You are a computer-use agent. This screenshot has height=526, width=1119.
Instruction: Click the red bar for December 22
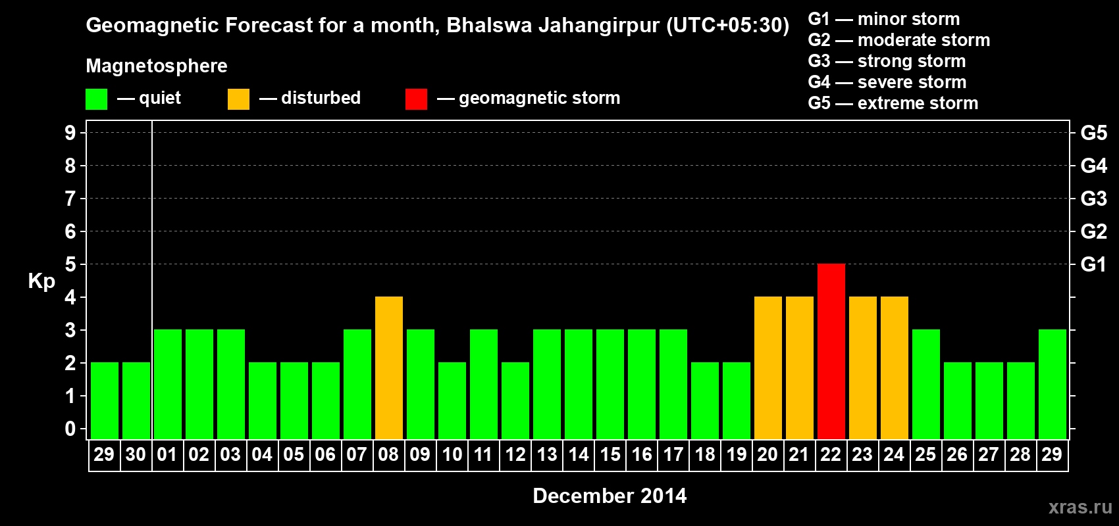[831, 351]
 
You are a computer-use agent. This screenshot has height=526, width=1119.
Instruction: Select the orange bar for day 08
[388, 368]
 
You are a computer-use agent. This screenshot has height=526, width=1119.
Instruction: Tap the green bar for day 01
[167, 384]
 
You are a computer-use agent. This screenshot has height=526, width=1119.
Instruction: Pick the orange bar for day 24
[894, 368]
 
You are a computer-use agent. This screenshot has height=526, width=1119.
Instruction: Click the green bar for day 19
[736, 400]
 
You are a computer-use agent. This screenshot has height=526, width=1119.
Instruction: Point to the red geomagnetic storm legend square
[416, 99]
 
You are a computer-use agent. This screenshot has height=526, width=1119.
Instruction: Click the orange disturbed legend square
[238, 99]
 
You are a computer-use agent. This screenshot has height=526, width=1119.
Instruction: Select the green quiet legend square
[96, 99]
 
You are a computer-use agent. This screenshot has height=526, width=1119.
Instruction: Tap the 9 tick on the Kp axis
[70, 133]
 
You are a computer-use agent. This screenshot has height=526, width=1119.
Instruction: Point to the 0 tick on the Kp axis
[70, 429]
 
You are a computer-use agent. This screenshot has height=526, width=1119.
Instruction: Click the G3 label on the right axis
[1093, 199]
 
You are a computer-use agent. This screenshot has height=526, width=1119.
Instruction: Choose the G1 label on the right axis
[1093, 264]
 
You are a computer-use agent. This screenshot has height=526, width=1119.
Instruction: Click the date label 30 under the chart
[136, 454]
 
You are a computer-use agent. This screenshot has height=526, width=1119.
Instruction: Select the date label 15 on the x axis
[610, 454]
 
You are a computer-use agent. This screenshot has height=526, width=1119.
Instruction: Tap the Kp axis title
[41, 281]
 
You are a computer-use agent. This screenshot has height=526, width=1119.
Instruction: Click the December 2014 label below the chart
[610, 496]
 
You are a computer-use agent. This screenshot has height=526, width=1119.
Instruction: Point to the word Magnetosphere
[157, 66]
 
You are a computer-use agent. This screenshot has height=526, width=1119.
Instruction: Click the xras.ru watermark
[1080, 507]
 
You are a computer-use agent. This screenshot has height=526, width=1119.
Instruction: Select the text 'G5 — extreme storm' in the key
[893, 103]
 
